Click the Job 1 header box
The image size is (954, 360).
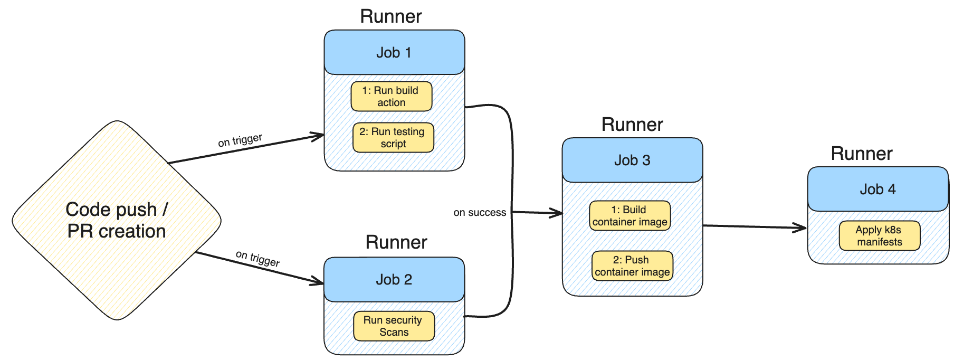click(x=394, y=52)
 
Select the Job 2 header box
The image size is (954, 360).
click(x=394, y=280)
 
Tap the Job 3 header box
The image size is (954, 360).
click(x=632, y=160)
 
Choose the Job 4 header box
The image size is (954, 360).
click(x=878, y=190)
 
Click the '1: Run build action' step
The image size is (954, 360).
click(x=391, y=97)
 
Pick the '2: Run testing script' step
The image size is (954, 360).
click(x=393, y=138)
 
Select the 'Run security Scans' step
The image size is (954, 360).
click(x=394, y=326)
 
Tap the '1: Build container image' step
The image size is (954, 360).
click(x=629, y=216)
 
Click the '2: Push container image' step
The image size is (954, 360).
click(x=632, y=266)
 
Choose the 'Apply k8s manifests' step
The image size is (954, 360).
click(x=879, y=236)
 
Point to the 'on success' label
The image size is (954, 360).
click(x=480, y=213)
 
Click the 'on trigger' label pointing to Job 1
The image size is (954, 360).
click(x=240, y=140)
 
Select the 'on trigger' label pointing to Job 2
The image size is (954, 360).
click(x=257, y=258)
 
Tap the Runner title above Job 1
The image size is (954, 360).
click(x=391, y=16)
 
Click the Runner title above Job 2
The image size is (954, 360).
click(x=396, y=242)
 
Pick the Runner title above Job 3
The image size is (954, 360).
click(x=632, y=125)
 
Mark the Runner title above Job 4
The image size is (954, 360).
click(x=862, y=154)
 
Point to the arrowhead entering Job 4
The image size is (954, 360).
click(x=802, y=228)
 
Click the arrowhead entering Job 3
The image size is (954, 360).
click(x=557, y=213)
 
